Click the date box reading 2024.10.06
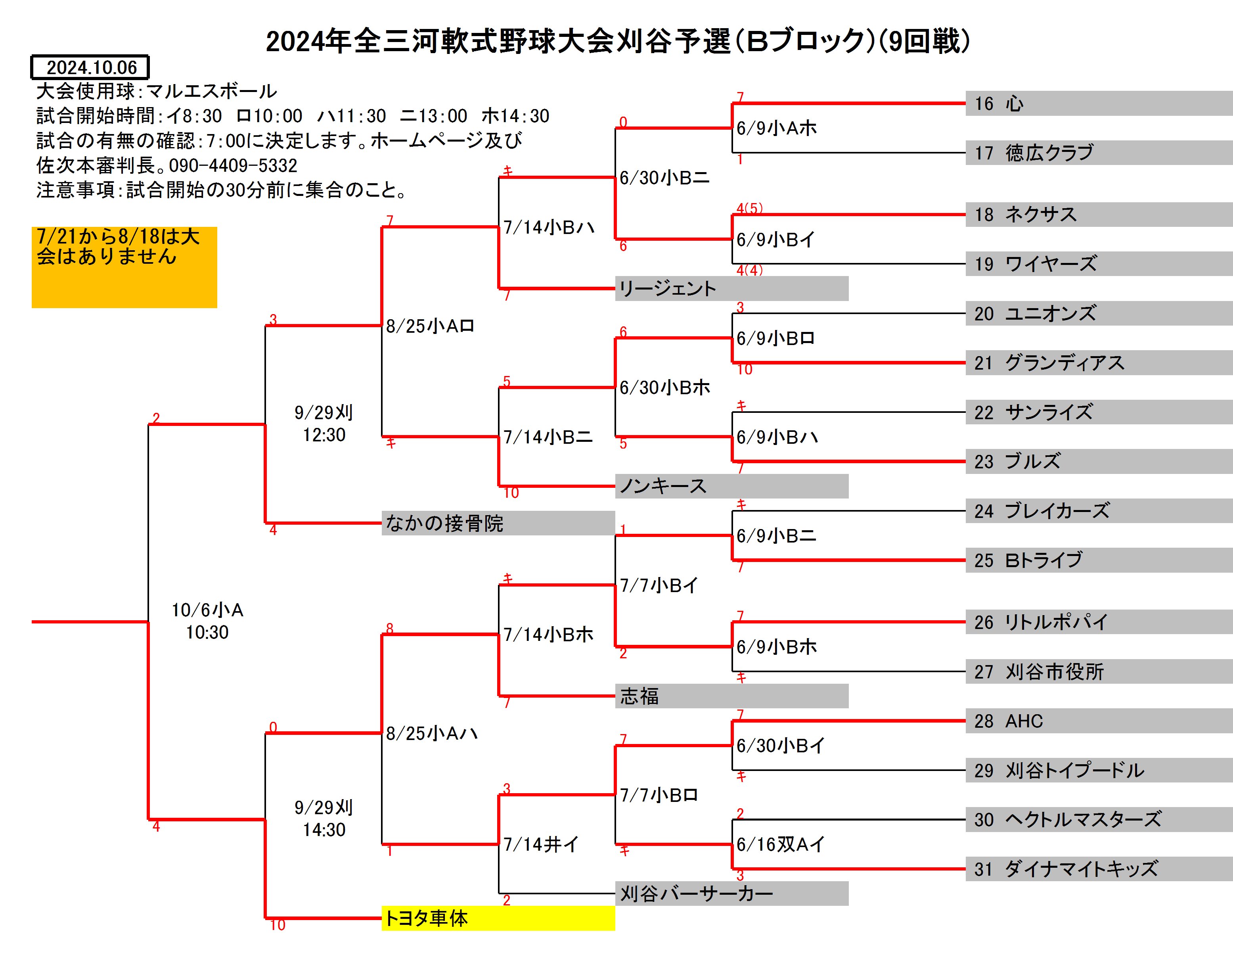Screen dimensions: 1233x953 pos(90,67)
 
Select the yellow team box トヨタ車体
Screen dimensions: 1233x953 pos(498,918)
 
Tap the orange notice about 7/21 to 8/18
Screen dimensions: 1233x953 pos(124,267)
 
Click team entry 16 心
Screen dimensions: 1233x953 pos(1099,104)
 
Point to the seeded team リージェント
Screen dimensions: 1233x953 pos(731,288)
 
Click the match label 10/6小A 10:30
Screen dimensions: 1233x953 pos(207,621)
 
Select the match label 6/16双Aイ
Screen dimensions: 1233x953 pos(780,844)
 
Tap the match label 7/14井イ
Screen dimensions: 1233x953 pos(541,844)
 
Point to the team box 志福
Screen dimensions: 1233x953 pos(731,696)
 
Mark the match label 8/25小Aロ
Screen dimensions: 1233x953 pos(430,326)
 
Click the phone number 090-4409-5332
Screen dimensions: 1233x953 pos(233,165)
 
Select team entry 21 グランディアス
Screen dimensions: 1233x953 pos(1099,362)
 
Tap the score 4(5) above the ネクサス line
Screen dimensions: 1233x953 pos(749,208)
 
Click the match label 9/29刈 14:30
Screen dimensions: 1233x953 pos(324,819)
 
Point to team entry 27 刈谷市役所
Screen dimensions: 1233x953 pos(1099,672)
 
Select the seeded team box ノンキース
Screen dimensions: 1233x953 pos(731,486)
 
